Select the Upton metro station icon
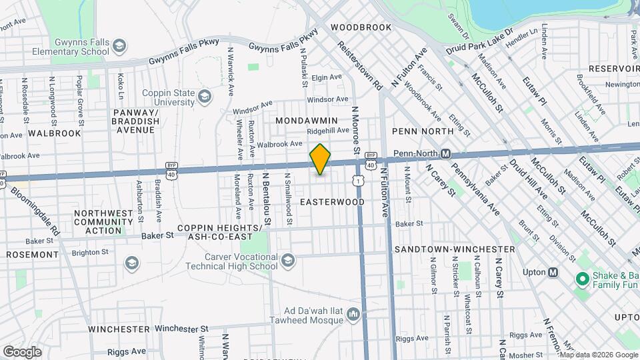point(553,272)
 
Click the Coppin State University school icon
point(205,99)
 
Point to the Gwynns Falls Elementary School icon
point(119,46)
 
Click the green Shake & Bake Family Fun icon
point(582,278)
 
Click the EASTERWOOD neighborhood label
point(332,201)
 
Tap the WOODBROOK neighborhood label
point(361,27)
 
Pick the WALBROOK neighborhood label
point(54,133)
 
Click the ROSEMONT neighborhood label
point(33,255)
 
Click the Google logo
point(22,351)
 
